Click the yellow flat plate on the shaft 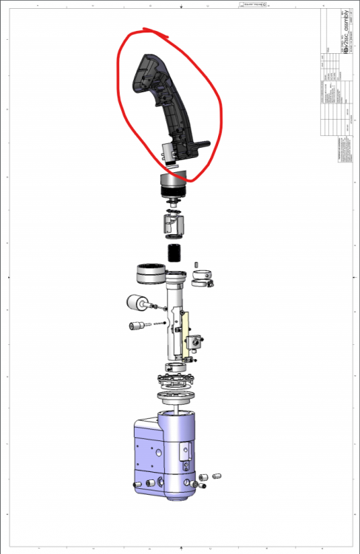(x=186, y=332)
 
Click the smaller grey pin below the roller (x=137, y=326)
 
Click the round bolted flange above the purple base (x=175, y=384)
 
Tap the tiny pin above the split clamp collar (x=197, y=264)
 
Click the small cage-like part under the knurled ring (x=175, y=222)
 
